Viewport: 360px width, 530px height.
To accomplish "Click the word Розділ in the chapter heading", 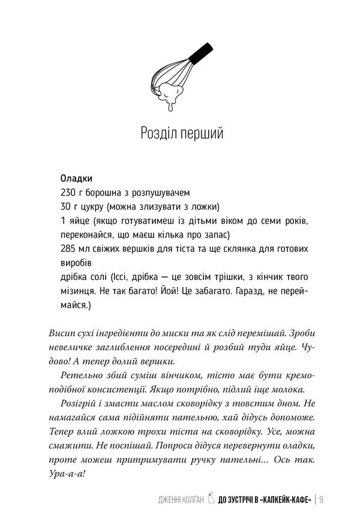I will coord(158,132).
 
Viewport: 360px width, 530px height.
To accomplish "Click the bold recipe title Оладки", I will coord(76,179).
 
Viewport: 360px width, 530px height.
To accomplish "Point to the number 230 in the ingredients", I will coord(70,193).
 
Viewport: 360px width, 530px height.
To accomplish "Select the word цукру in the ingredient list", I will coord(92,207).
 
